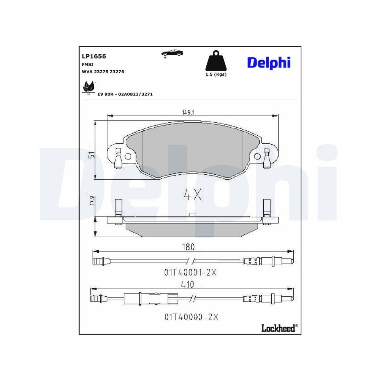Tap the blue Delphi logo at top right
269,62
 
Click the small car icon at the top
172,53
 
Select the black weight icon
215,61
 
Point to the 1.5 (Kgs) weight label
215,74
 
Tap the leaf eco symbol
89,88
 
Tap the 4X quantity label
192,195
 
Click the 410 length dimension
188,284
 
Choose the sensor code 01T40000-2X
192,316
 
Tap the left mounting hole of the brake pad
128,156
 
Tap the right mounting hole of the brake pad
257,156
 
